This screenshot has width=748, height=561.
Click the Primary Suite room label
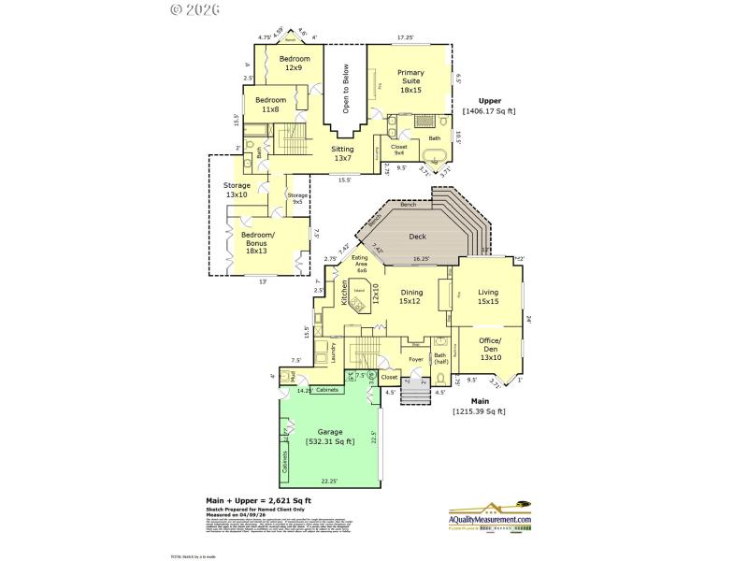[410, 81]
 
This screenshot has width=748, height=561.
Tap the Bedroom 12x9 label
[294, 63]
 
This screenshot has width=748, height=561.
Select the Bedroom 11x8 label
[271, 105]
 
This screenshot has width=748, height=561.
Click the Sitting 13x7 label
[343, 153]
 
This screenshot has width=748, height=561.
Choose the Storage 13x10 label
[237, 190]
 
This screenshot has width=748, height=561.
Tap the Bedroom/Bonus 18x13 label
[256, 242]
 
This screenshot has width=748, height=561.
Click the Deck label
[418, 237]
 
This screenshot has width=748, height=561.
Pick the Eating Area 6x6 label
[359, 264]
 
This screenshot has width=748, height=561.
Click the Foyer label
[415, 359]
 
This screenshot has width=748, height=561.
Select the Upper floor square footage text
[489, 106]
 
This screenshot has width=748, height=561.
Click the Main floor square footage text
[479, 406]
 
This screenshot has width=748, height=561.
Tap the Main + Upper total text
[251, 501]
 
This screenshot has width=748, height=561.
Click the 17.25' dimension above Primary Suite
[406, 37]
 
